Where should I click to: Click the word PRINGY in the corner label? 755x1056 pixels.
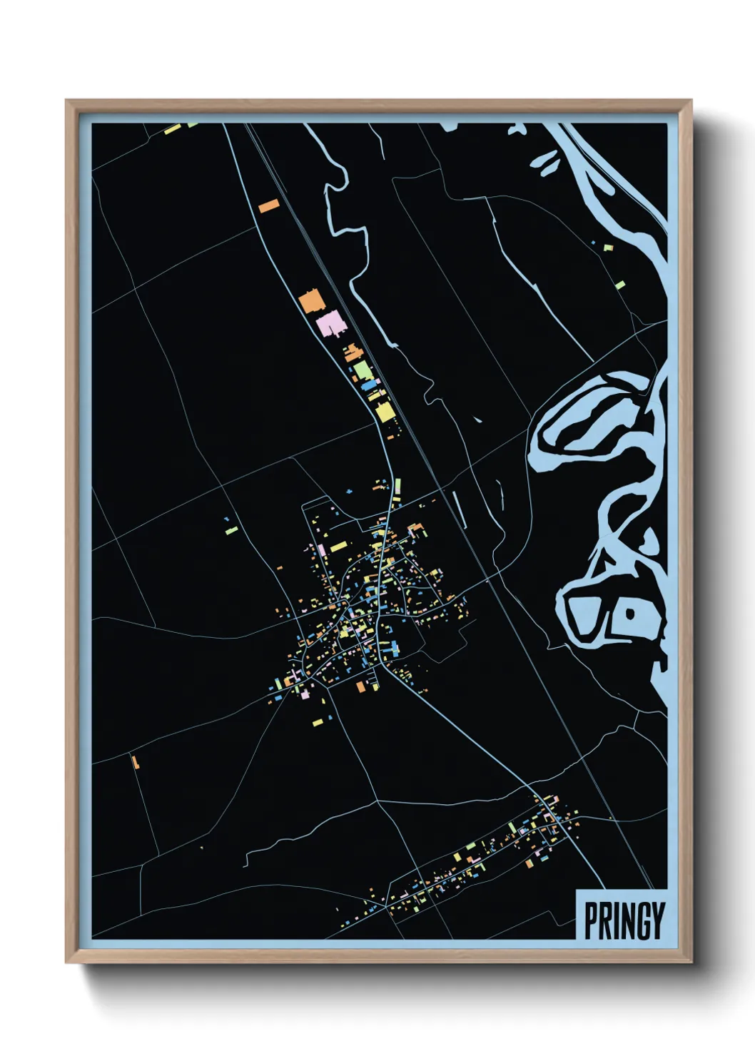pos(624,920)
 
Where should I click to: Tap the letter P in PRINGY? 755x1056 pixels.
pos(591,920)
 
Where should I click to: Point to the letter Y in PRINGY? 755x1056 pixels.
pos(657,920)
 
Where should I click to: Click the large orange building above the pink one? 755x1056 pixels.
pos(312,302)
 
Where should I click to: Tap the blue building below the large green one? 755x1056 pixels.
pos(369,385)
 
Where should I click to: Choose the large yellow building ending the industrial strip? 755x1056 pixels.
pos(384,412)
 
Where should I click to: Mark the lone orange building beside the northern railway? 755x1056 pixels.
pos(269,205)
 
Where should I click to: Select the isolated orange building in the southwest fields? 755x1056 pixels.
pos(135,761)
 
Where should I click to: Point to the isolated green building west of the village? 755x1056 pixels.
pos(231,529)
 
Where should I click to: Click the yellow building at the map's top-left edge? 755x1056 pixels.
pos(172,130)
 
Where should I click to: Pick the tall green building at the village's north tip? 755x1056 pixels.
pos(397,487)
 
